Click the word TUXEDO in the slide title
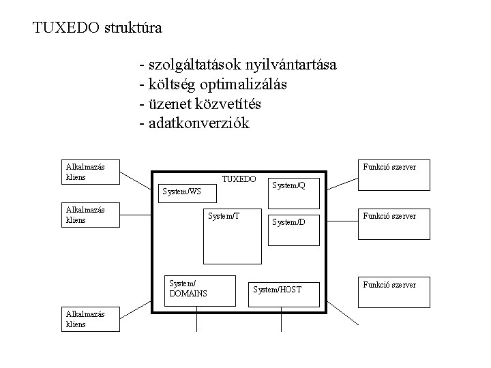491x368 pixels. (x=65, y=28)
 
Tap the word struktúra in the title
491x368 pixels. (x=133, y=28)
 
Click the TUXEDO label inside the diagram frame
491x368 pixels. (x=239, y=179)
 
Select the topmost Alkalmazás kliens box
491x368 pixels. (x=90, y=172)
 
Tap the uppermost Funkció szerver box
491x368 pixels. (x=395, y=175)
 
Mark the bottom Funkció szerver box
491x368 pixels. (x=395, y=293)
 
